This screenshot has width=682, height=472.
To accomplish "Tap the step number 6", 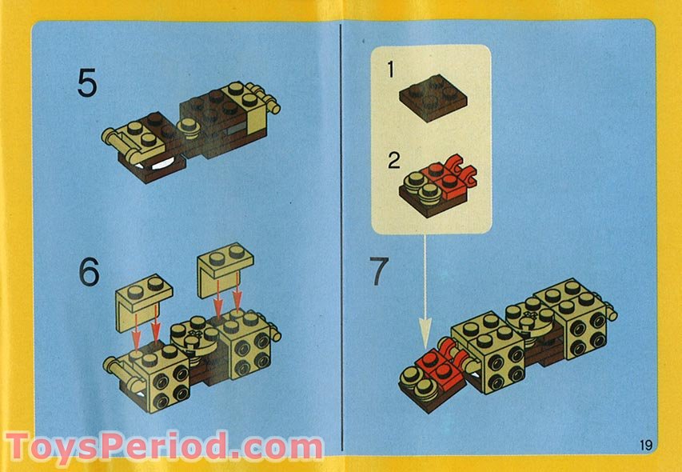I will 89,273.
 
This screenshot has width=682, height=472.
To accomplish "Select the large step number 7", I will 380,273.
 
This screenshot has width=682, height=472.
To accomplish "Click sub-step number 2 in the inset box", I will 393,160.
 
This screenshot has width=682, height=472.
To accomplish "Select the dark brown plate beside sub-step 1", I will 433,98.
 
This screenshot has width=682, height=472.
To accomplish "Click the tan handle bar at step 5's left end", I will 116,142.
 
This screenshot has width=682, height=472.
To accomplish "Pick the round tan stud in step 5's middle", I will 190,126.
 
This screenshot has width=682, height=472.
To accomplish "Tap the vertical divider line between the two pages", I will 341,240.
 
